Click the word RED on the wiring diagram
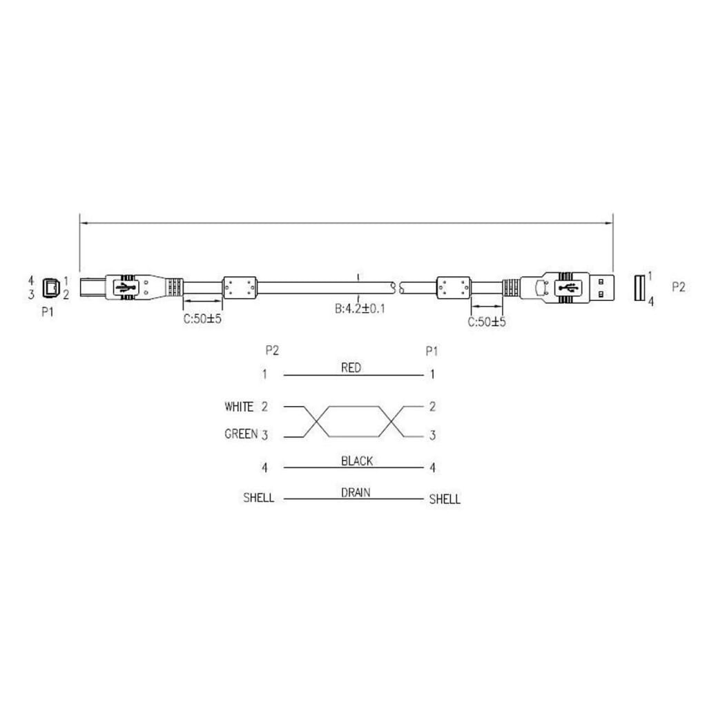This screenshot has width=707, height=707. pyautogui.click(x=351, y=368)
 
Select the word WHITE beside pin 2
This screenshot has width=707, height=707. pyautogui.click(x=239, y=407)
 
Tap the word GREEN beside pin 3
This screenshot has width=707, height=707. pyautogui.click(x=241, y=434)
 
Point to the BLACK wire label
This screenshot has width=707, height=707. pyautogui.click(x=357, y=461)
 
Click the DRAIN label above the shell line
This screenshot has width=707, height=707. pyautogui.click(x=356, y=492)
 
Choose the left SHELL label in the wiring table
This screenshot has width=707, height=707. pyautogui.click(x=258, y=497)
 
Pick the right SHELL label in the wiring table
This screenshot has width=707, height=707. pyautogui.click(x=445, y=498)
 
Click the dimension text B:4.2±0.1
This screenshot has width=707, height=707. pyautogui.click(x=360, y=309)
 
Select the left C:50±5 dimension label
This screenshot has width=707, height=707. pyautogui.click(x=202, y=319)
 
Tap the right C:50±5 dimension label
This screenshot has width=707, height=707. pyautogui.click(x=487, y=322)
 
